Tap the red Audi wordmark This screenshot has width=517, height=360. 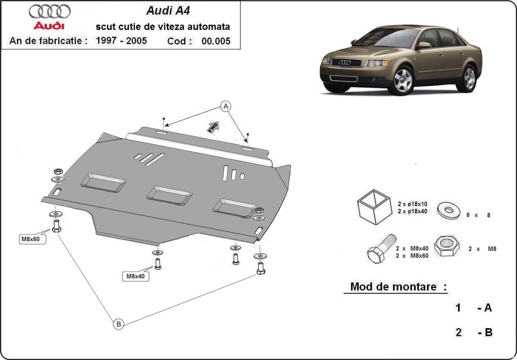50,26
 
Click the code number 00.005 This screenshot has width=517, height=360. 216,41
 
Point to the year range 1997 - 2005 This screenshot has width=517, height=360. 121,41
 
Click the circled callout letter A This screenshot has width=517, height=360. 225,106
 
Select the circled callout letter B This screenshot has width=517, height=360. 118,324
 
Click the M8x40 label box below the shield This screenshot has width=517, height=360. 135,276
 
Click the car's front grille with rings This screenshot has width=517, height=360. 346,63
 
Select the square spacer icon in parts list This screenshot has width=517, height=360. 374,208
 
